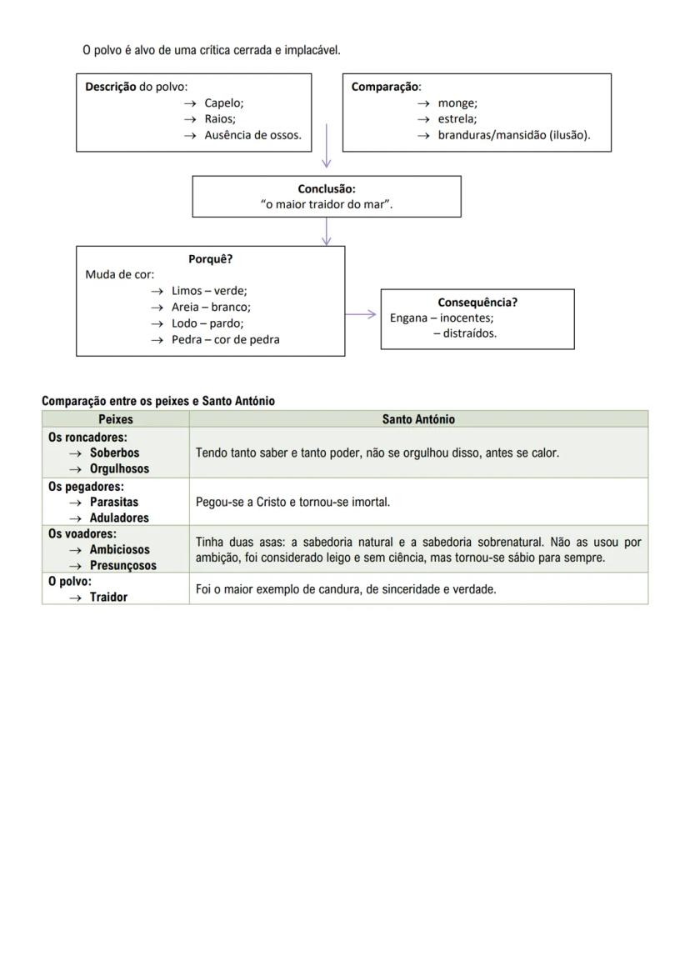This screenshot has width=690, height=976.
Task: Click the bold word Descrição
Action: coord(111,87)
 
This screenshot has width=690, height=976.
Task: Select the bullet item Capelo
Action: coord(223,103)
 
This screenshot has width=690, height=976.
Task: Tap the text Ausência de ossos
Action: coord(252,134)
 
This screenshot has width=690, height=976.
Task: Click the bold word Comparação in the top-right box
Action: coord(385,87)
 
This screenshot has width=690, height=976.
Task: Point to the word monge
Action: coord(457,103)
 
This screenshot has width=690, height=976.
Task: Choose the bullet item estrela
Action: coord(457,118)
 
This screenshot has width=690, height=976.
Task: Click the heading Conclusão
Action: coord(327,189)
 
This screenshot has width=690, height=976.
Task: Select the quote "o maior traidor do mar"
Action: coord(327,205)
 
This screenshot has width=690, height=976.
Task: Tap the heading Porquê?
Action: coord(210,259)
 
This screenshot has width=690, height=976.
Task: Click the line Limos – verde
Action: coord(209,291)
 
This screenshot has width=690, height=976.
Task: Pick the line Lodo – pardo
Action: coord(207,323)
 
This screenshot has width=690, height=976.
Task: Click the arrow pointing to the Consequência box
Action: coord(362,314)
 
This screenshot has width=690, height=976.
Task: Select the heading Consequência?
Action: coord(477,303)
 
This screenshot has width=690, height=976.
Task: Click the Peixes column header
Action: coord(116,419)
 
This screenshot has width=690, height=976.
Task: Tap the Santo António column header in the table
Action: coord(418,419)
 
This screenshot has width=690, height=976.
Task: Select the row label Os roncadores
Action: coord(87,437)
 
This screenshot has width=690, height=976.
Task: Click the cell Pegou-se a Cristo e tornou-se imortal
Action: coord(292,502)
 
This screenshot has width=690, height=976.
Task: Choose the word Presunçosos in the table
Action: coord(122,565)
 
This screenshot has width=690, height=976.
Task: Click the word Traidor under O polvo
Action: coord(108,597)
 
